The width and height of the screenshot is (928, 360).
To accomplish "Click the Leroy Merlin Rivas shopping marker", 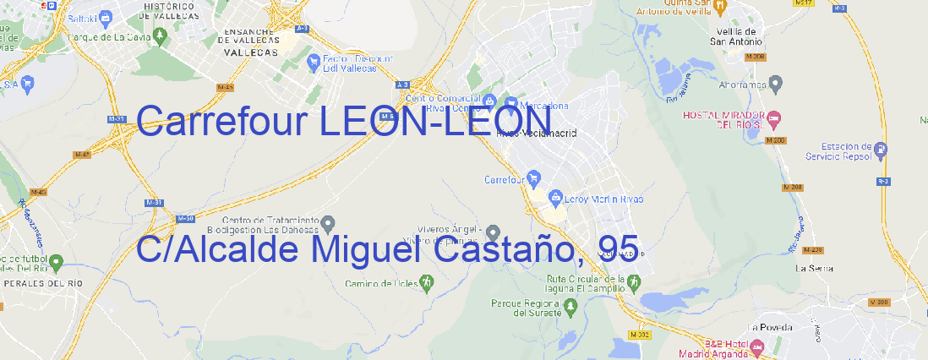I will [555, 199].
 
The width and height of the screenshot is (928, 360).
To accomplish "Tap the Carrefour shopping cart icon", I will [534, 178].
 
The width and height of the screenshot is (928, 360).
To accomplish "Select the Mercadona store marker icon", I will [511, 104].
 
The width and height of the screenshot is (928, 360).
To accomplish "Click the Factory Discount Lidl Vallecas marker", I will [314, 60].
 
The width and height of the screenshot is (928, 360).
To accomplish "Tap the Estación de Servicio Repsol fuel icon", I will [882, 150].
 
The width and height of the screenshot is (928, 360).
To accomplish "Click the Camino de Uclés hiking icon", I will [427, 282].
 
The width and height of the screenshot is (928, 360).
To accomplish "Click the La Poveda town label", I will [771, 327].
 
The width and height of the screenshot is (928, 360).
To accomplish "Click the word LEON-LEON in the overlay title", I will [435, 123].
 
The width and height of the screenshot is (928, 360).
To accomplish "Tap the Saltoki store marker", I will [106, 16].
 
